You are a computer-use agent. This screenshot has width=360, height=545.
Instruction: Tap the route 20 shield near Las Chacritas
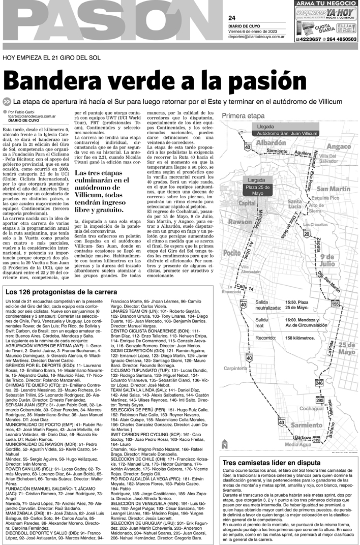click(x=306, y=233)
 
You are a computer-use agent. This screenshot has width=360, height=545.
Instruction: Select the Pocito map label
click(x=232, y=252)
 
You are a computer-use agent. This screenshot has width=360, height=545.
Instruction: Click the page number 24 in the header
click(x=232, y=19)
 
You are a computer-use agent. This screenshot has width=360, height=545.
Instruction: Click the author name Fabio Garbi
click(x=29, y=112)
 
